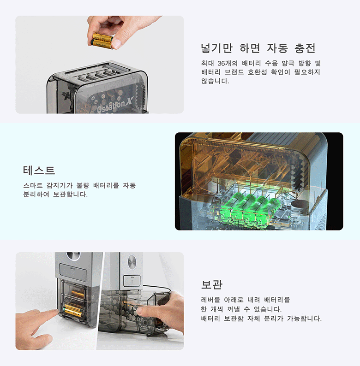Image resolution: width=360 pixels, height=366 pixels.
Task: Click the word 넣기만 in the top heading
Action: (x=217, y=48)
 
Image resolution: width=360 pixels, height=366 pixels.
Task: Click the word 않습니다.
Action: (x=215, y=81)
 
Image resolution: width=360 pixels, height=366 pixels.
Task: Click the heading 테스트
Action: (x=39, y=171)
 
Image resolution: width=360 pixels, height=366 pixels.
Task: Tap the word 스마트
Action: (x=33, y=186)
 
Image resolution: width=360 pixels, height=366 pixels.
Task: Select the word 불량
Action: (x=83, y=186)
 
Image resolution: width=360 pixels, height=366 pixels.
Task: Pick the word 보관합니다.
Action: (x=70, y=195)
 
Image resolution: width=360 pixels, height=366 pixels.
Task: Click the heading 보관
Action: (x=212, y=284)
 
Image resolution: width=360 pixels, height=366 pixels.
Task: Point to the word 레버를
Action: (x=210, y=300)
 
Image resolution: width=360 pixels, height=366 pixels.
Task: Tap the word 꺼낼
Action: (x=234, y=309)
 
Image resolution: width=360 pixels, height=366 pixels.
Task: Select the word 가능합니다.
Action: (x=304, y=319)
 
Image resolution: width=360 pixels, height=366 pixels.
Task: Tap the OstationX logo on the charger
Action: (x=114, y=106)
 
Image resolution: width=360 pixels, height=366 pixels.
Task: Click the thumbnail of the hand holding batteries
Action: (x=100, y=65)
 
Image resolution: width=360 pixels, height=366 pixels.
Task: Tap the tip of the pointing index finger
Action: (x=56, y=311)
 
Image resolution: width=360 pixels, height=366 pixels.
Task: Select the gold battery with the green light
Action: (x=74, y=310)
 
